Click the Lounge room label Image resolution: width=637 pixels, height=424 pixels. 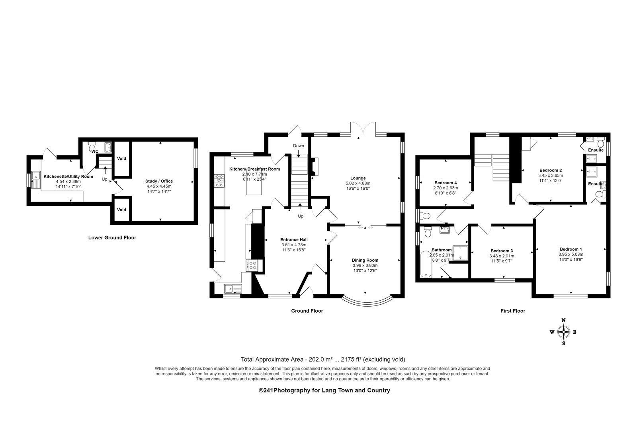[358, 178]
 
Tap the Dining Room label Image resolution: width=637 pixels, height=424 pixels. [365, 260]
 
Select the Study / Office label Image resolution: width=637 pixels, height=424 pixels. [159, 181]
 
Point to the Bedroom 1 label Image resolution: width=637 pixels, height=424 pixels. [571, 249]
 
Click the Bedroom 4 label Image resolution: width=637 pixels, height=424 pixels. [446, 183]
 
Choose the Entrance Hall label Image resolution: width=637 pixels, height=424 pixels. [294, 239]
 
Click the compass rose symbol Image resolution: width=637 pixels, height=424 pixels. [563, 332]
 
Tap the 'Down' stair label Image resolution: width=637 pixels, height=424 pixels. [298, 146]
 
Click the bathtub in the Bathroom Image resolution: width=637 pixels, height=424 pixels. [426, 264]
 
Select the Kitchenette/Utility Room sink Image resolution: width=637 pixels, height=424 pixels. [36, 180]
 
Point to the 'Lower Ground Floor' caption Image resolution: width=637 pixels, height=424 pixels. [112, 237]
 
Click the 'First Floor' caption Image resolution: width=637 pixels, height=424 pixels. [513, 311]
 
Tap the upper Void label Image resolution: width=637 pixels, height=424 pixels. [121, 159]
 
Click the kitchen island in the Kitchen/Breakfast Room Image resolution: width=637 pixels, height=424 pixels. [254, 186]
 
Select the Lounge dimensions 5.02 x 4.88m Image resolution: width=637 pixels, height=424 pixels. [358, 183]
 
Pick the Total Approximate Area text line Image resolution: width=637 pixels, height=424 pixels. [323, 359]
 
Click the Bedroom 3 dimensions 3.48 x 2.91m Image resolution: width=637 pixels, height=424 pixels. [502, 256]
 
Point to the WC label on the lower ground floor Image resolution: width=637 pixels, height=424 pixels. [94, 152]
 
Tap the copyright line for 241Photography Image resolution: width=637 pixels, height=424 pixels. [324, 390]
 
